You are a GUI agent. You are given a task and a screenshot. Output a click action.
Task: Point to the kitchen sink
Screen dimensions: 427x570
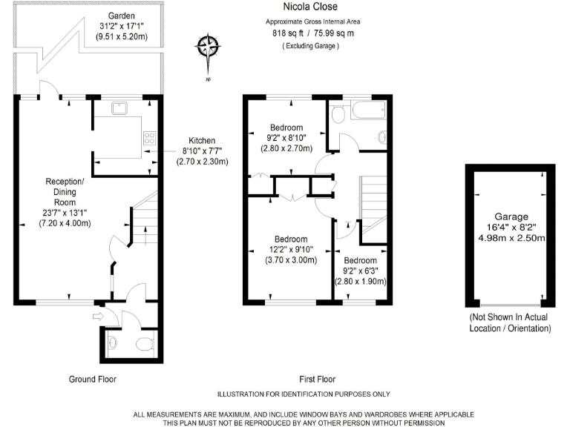(119, 108)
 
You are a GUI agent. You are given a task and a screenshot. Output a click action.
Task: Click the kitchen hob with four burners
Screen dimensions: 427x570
(148, 138)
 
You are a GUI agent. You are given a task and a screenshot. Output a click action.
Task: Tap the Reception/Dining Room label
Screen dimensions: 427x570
(65, 202)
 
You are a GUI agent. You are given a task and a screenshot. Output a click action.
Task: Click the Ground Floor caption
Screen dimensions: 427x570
(93, 379)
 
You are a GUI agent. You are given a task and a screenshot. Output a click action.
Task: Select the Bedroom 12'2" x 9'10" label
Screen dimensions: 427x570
(291, 249)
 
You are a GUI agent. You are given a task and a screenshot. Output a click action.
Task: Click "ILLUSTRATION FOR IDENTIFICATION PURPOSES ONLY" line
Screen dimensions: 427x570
(304, 394)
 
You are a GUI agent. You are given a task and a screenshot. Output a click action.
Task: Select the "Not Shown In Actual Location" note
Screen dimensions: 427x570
(510, 322)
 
